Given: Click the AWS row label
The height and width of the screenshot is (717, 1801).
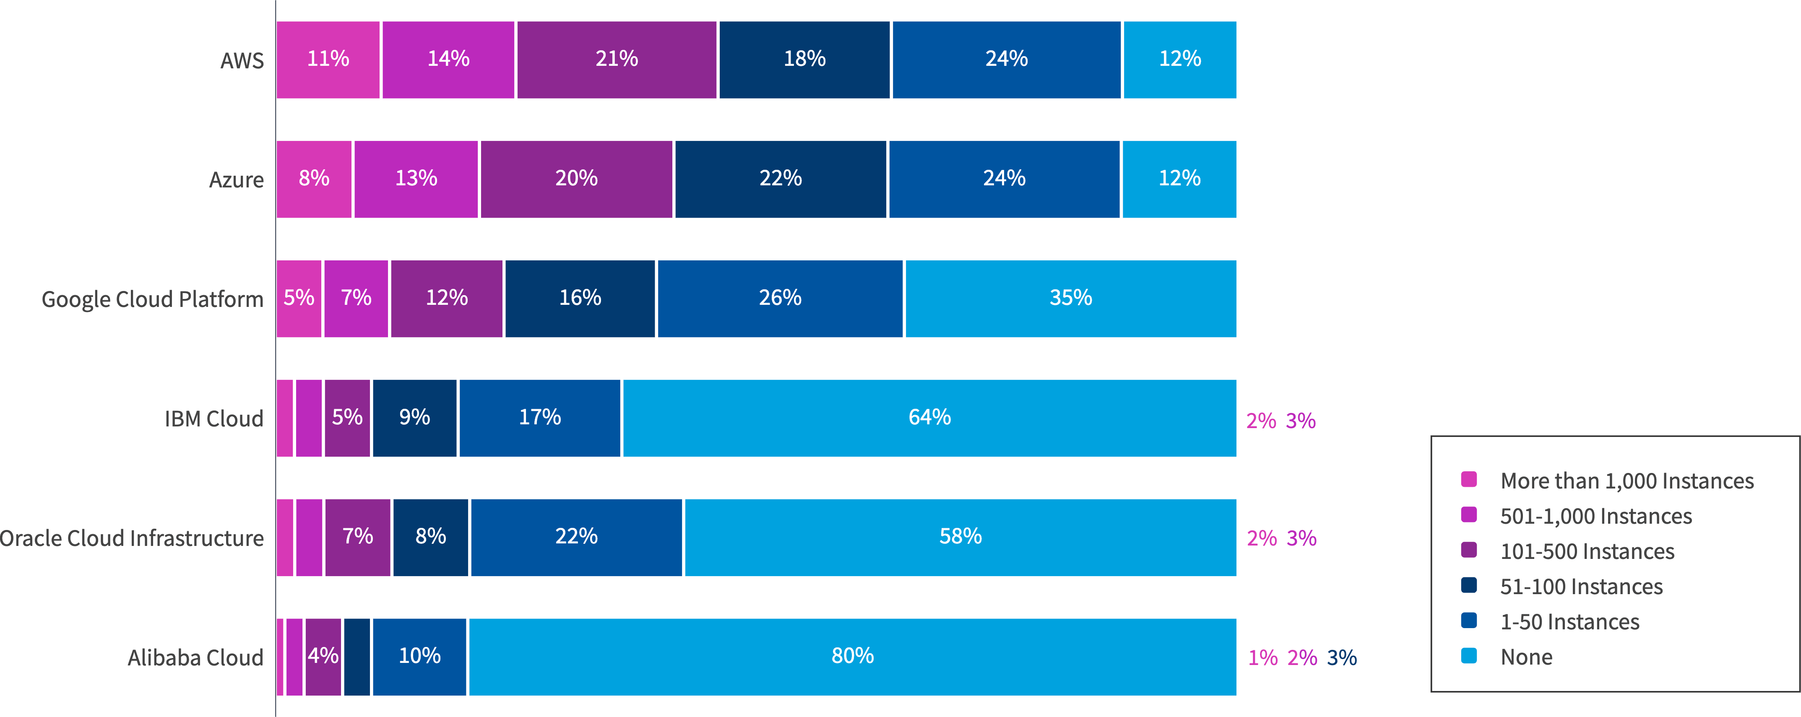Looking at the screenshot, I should tap(242, 61).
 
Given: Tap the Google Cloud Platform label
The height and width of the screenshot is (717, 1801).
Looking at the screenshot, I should tap(152, 299).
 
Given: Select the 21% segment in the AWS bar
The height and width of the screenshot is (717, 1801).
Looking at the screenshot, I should tap(616, 60).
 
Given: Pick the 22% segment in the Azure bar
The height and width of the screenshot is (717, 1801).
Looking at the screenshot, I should tap(780, 179).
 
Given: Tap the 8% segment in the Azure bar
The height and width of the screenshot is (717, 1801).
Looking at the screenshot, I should tap(314, 179).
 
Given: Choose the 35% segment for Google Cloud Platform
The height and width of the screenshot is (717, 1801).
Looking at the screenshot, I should tap(1070, 299).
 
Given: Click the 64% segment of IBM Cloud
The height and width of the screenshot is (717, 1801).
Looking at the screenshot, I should tap(929, 418).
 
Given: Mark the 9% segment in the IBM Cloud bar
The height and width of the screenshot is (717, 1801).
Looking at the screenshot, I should tap(414, 418).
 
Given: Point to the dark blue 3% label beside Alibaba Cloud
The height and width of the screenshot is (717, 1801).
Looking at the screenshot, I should tap(1342, 657).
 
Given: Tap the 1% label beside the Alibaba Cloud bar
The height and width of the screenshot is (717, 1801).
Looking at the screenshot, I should tap(1262, 657).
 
